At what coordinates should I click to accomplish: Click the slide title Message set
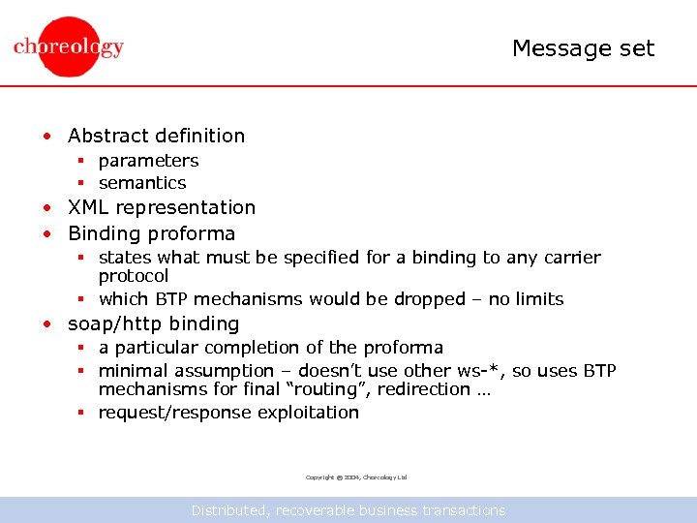tap(583, 48)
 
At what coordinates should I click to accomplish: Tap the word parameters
tap(148, 161)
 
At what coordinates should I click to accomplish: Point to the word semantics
tap(142, 183)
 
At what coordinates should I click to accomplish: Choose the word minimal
tap(134, 371)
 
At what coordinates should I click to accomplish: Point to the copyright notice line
tap(356, 477)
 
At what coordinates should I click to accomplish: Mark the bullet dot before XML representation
tap(46, 208)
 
